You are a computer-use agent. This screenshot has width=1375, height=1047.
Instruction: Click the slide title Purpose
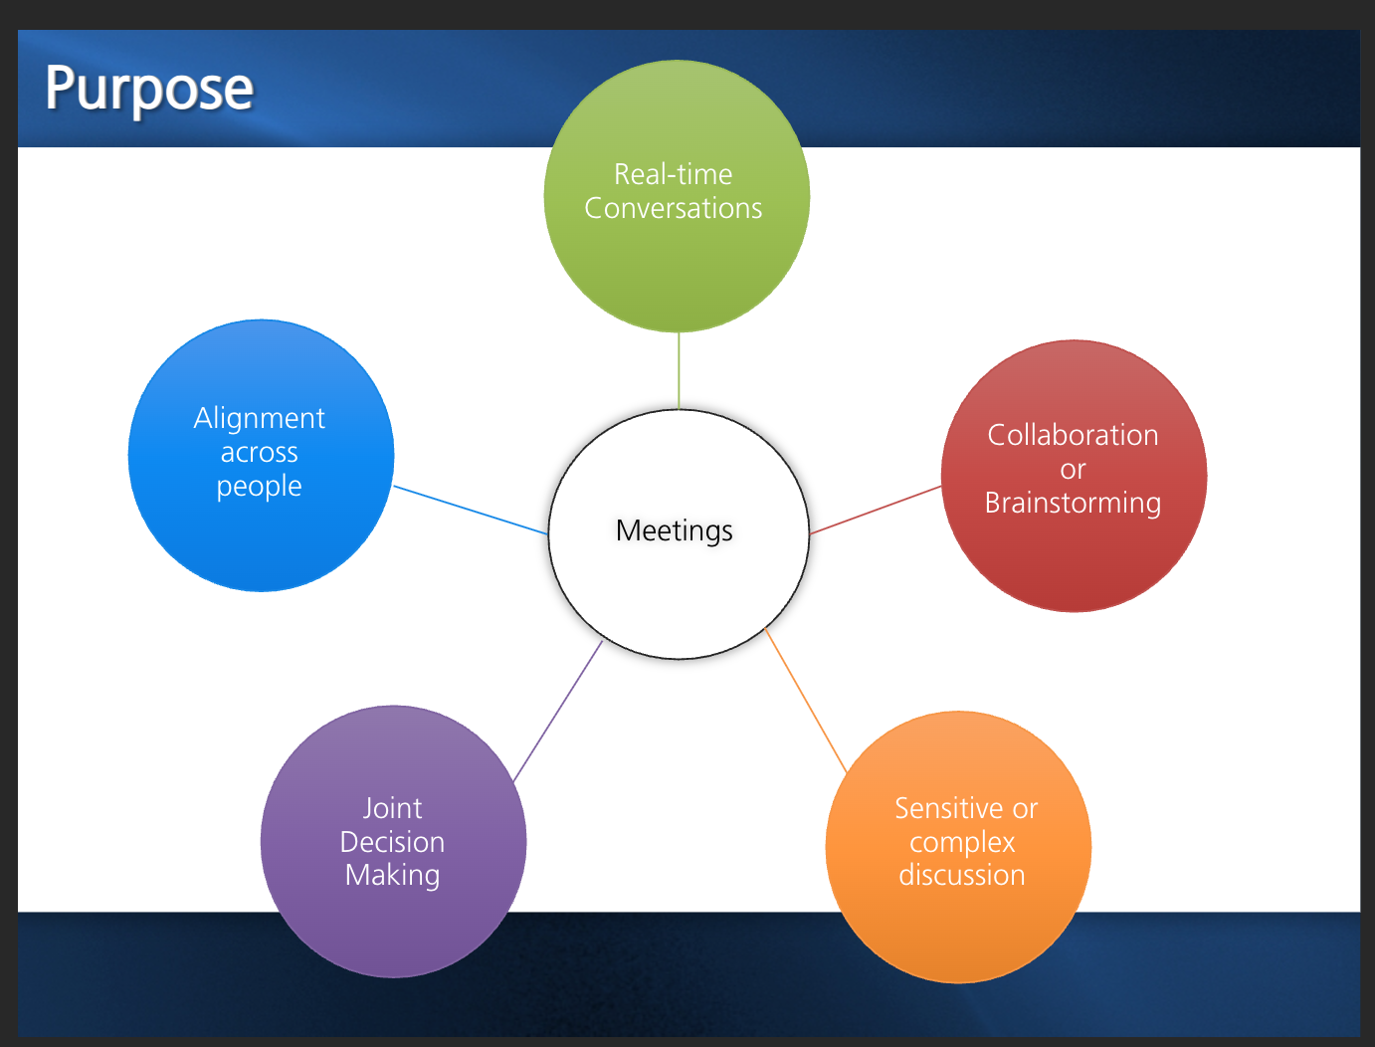point(149,89)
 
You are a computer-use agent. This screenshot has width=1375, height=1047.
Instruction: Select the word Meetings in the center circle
point(675,530)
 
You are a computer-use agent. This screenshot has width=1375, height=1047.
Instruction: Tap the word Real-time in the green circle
point(673,174)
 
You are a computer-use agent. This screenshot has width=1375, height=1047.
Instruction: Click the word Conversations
point(674,208)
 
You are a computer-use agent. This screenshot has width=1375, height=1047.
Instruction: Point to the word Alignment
point(259,418)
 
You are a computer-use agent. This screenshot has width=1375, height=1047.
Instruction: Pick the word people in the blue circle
point(259,487)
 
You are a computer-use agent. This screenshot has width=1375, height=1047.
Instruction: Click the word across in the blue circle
point(259,453)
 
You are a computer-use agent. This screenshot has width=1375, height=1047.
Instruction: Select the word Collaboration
point(1073,435)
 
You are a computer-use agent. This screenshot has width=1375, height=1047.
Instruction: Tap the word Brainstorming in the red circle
point(1073,503)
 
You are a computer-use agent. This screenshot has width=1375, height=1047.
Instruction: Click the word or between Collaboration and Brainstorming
point(1073,469)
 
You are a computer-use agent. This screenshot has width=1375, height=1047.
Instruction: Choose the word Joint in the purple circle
point(392,808)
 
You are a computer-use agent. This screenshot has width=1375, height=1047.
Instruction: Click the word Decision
point(392,842)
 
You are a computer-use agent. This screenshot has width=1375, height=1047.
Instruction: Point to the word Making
point(392,876)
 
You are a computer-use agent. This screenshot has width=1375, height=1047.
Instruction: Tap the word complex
point(962,843)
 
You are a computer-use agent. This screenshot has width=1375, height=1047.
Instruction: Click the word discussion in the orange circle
point(962,876)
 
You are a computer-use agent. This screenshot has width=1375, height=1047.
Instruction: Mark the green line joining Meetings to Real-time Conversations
point(679,370)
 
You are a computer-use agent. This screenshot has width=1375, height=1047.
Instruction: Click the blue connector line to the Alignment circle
point(471,511)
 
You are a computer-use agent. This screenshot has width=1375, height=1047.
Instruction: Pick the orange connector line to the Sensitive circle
point(806,701)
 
